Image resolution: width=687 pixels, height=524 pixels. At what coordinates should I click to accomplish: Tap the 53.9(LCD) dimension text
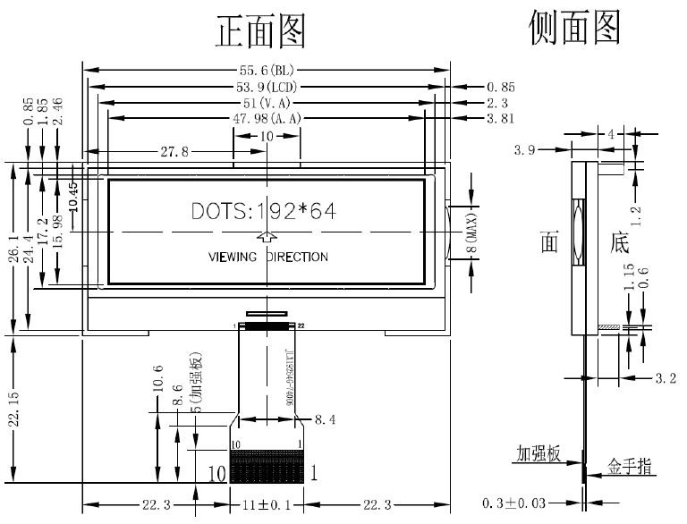pos(267,87)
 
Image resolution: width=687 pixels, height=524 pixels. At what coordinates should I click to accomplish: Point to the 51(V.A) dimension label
pos(267,103)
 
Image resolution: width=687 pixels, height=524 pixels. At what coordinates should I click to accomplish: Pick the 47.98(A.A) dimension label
pos(267,118)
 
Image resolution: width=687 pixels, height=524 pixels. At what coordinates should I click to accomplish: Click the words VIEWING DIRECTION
pos(267,257)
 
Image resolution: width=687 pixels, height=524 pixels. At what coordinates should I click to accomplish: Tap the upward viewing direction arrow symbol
pos(267,236)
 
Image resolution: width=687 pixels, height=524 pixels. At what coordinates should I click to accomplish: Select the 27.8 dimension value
pos(174,152)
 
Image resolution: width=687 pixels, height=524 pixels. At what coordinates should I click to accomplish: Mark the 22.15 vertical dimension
pos(13,409)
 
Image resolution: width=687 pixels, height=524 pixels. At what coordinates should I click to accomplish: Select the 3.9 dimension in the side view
pos(524,151)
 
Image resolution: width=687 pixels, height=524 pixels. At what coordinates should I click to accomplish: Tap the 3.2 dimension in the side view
pos(665,378)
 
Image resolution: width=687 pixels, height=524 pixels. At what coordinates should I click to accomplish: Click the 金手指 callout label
pos(629,465)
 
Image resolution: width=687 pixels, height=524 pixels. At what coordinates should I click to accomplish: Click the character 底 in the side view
pos(619,241)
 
